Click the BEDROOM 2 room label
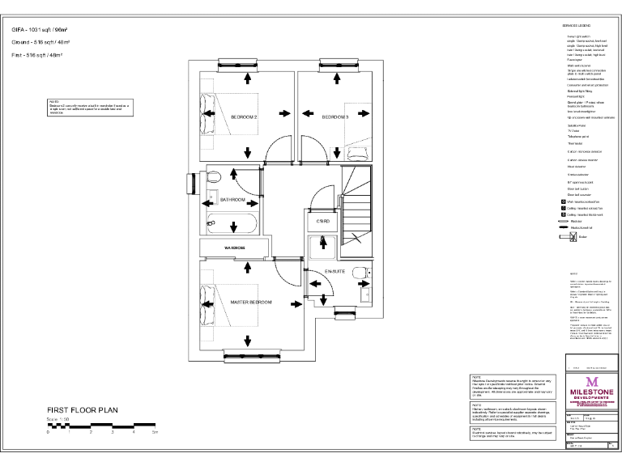[244, 117]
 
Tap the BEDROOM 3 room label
[334, 117]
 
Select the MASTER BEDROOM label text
[250, 303]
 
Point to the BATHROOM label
[232, 198]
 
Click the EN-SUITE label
[334, 271]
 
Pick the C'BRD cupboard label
[322, 220]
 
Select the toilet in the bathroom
[214, 177]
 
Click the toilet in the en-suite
[364, 273]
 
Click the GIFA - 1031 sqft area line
[40, 29]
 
